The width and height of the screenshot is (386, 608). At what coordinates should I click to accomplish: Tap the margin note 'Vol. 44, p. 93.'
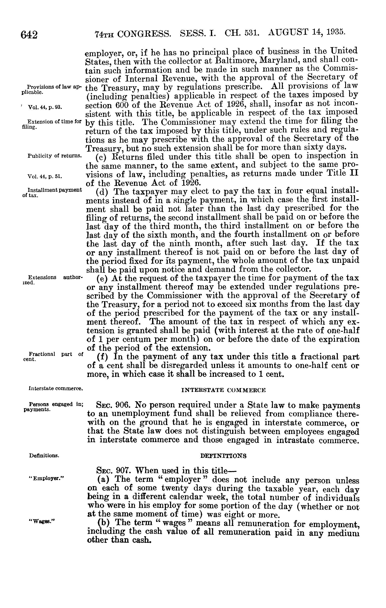(45, 107)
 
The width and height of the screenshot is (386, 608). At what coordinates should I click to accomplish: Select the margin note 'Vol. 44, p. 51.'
(45, 176)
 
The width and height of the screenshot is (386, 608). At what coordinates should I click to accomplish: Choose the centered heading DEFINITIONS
(223, 456)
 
